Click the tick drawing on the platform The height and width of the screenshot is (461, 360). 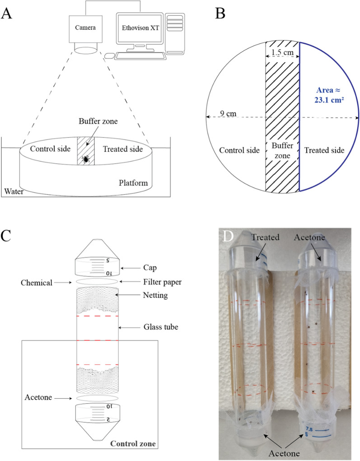tap(85, 159)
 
